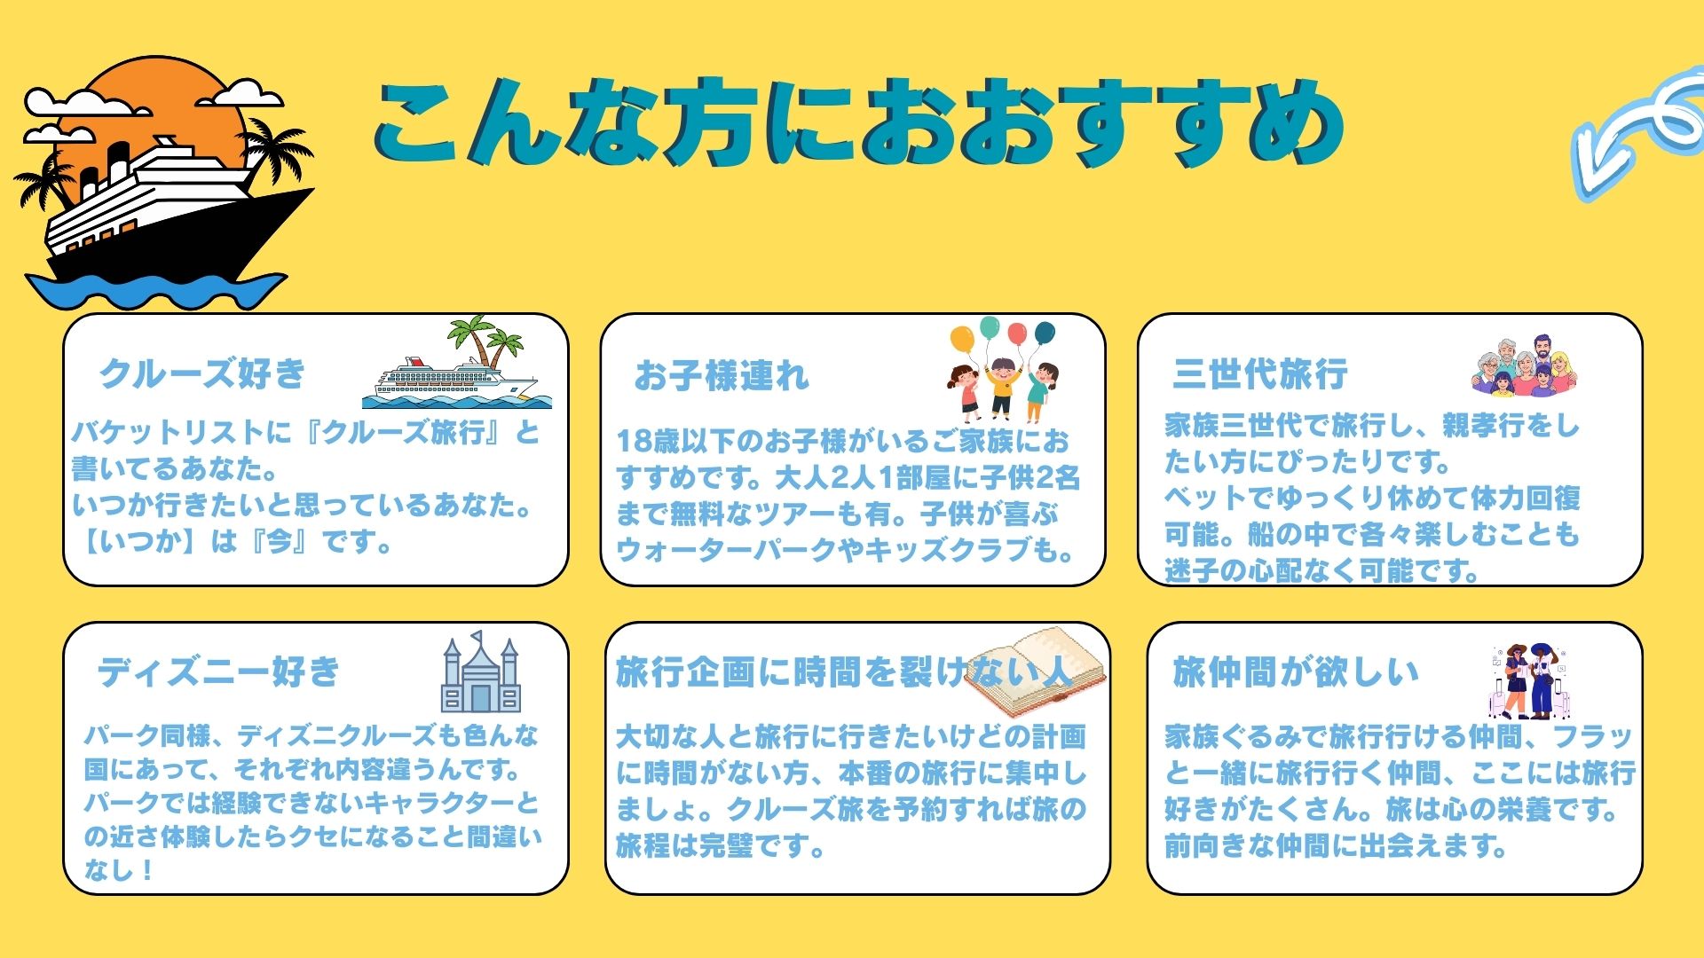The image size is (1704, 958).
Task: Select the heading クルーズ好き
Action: pyautogui.click(x=202, y=373)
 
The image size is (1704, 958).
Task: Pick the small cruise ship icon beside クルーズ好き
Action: pyautogui.click(x=456, y=364)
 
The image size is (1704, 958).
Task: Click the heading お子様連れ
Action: pyautogui.click(x=722, y=376)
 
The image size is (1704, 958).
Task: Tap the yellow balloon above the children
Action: pyautogui.click(x=962, y=338)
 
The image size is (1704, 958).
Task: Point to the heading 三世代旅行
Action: pyautogui.click(x=1260, y=373)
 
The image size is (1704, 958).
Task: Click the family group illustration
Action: pyautogui.click(x=1524, y=365)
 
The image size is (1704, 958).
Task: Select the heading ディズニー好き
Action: pyautogui.click(x=219, y=671)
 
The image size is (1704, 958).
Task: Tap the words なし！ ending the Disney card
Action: pyautogui.click(x=120, y=869)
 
